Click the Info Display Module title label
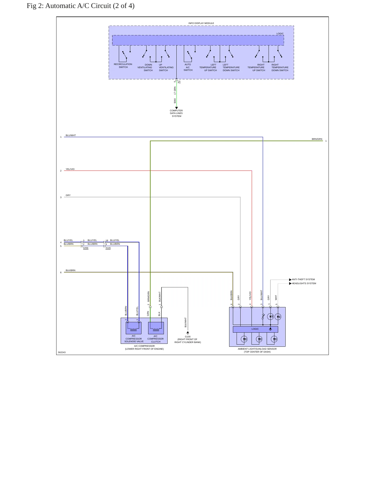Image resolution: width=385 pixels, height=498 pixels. click(201, 23)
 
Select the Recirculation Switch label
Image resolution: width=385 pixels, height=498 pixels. click(123, 66)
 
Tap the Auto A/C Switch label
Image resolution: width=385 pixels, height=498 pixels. click(188, 67)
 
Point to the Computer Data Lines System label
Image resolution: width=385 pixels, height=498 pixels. click(176, 113)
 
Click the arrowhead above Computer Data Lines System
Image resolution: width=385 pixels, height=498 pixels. click(176, 108)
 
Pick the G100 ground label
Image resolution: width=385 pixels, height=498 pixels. click(188, 337)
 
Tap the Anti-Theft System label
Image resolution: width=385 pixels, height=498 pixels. click(303, 280)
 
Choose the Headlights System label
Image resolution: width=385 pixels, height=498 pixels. click(304, 283)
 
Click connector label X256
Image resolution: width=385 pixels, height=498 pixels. click(86, 248)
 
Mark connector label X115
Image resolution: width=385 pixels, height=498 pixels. click(108, 248)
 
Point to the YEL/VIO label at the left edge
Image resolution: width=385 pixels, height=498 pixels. click(70, 169)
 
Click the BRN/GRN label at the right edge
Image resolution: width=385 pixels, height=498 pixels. click(317, 139)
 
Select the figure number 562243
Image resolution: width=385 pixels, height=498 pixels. click(62, 352)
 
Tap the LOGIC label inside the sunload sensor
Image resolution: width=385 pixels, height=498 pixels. click(255, 329)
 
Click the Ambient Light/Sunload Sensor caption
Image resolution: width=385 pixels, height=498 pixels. click(257, 350)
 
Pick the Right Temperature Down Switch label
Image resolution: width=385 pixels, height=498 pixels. click(280, 67)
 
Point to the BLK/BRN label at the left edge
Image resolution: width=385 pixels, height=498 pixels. click(70, 270)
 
